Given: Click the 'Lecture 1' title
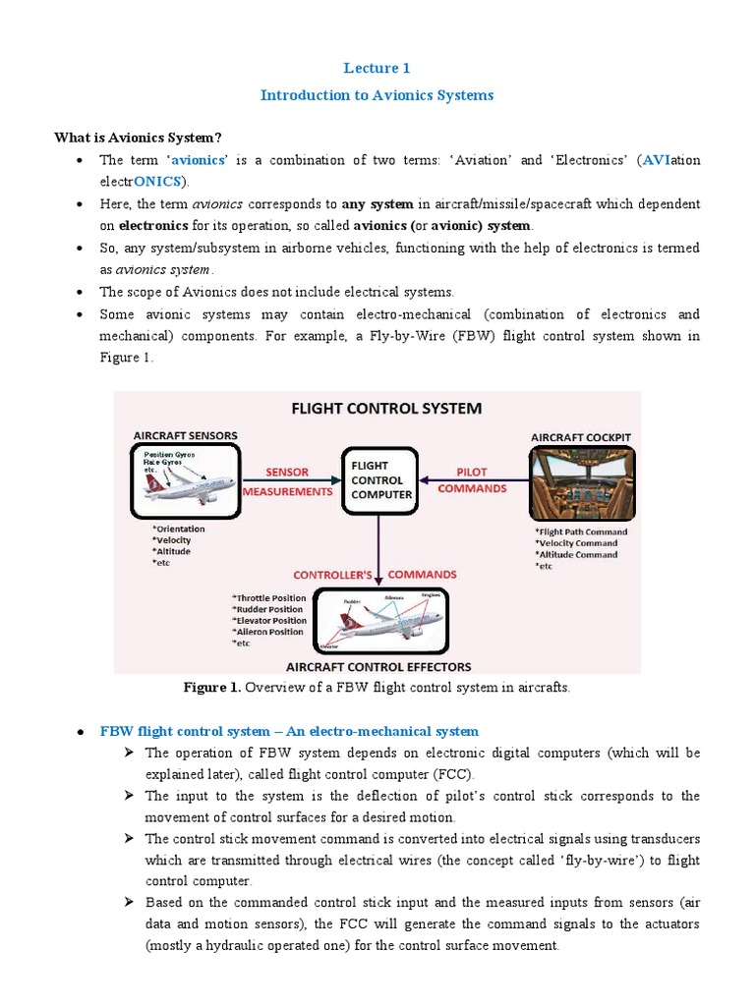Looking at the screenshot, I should point(377,68).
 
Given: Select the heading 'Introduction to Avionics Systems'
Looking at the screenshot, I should point(377,95).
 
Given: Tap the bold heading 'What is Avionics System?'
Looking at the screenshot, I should point(139,137).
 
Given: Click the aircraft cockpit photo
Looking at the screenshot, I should point(582,482).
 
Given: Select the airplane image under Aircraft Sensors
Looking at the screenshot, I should point(185,480).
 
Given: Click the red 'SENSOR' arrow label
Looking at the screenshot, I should point(286,473).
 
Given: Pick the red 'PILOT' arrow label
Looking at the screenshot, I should point(473,473).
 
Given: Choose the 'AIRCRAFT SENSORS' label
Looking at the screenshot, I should point(185,434).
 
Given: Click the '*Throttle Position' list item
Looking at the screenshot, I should point(269,597).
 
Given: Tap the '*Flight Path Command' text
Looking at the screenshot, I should point(581,531).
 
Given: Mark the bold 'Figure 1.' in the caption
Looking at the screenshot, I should point(212,688).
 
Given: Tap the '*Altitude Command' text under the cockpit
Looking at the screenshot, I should point(576,554).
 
